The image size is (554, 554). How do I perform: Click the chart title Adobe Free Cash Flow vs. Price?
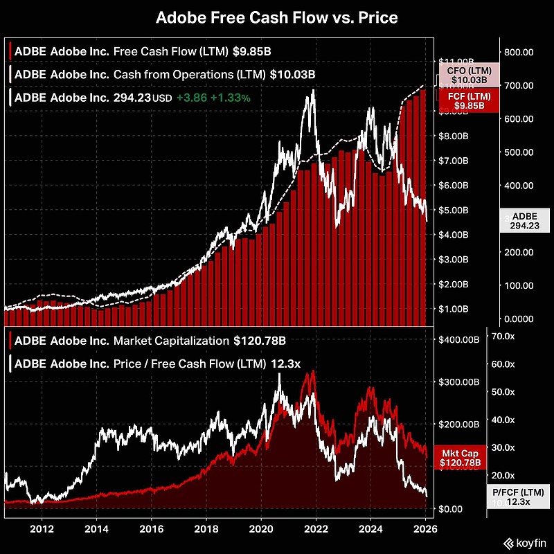tap(276, 17)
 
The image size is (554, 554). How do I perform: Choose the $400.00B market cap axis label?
tap(461, 339)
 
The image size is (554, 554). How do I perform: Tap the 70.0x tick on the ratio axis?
tap(503, 336)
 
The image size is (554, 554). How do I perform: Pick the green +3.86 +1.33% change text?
tap(213, 98)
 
